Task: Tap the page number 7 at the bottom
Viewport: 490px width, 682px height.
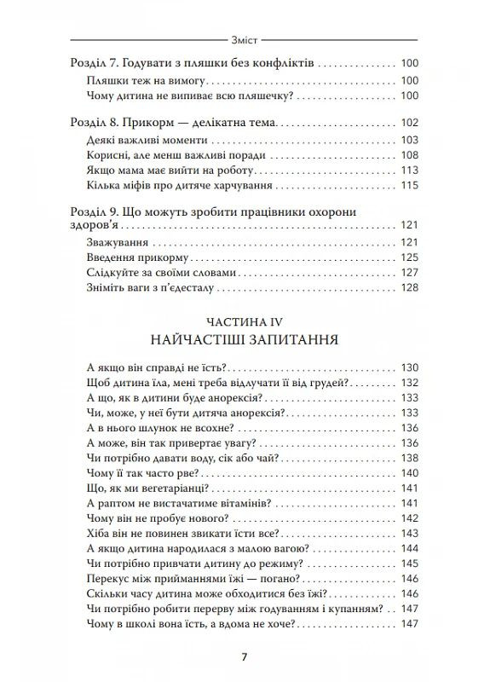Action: [x=245, y=656]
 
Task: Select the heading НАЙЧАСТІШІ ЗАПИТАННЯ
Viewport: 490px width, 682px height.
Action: [x=245, y=340]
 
